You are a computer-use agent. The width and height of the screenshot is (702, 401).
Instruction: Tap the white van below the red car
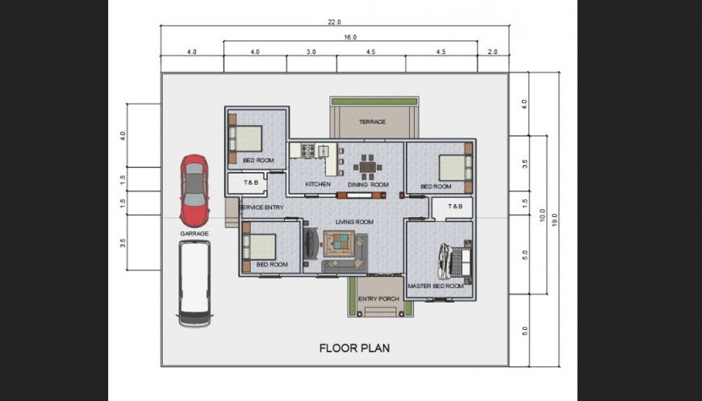coord(194,283)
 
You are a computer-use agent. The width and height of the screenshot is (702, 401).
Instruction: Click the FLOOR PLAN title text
coord(354,349)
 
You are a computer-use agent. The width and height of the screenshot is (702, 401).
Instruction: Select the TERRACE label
coord(372,123)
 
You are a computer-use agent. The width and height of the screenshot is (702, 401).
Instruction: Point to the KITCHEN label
coord(318,185)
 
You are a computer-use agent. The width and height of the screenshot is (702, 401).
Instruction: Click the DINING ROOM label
coord(368,185)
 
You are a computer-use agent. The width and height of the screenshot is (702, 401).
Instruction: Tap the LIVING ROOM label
coord(354,222)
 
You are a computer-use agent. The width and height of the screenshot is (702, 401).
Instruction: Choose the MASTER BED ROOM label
coord(436,286)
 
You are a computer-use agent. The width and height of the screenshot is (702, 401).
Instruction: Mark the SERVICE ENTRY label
coord(261,208)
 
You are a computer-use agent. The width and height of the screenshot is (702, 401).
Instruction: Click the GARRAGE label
coord(194,233)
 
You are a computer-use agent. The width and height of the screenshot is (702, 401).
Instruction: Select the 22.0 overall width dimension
coord(334,22)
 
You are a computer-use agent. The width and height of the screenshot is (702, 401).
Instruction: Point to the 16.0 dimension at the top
coord(349,37)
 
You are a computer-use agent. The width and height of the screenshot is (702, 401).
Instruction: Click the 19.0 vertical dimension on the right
coord(554,217)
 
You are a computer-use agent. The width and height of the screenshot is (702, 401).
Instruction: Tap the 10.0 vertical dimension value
coord(542,215)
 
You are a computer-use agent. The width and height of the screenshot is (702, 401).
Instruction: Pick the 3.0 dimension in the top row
coord(311,52)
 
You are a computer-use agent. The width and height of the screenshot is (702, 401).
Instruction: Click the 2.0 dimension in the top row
coord(493,52)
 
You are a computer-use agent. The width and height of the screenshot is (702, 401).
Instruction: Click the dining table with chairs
coord(368,167)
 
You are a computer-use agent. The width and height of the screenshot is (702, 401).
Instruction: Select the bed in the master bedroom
coord(453,260)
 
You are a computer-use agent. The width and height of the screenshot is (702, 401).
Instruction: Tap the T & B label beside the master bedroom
coord(456,207)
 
